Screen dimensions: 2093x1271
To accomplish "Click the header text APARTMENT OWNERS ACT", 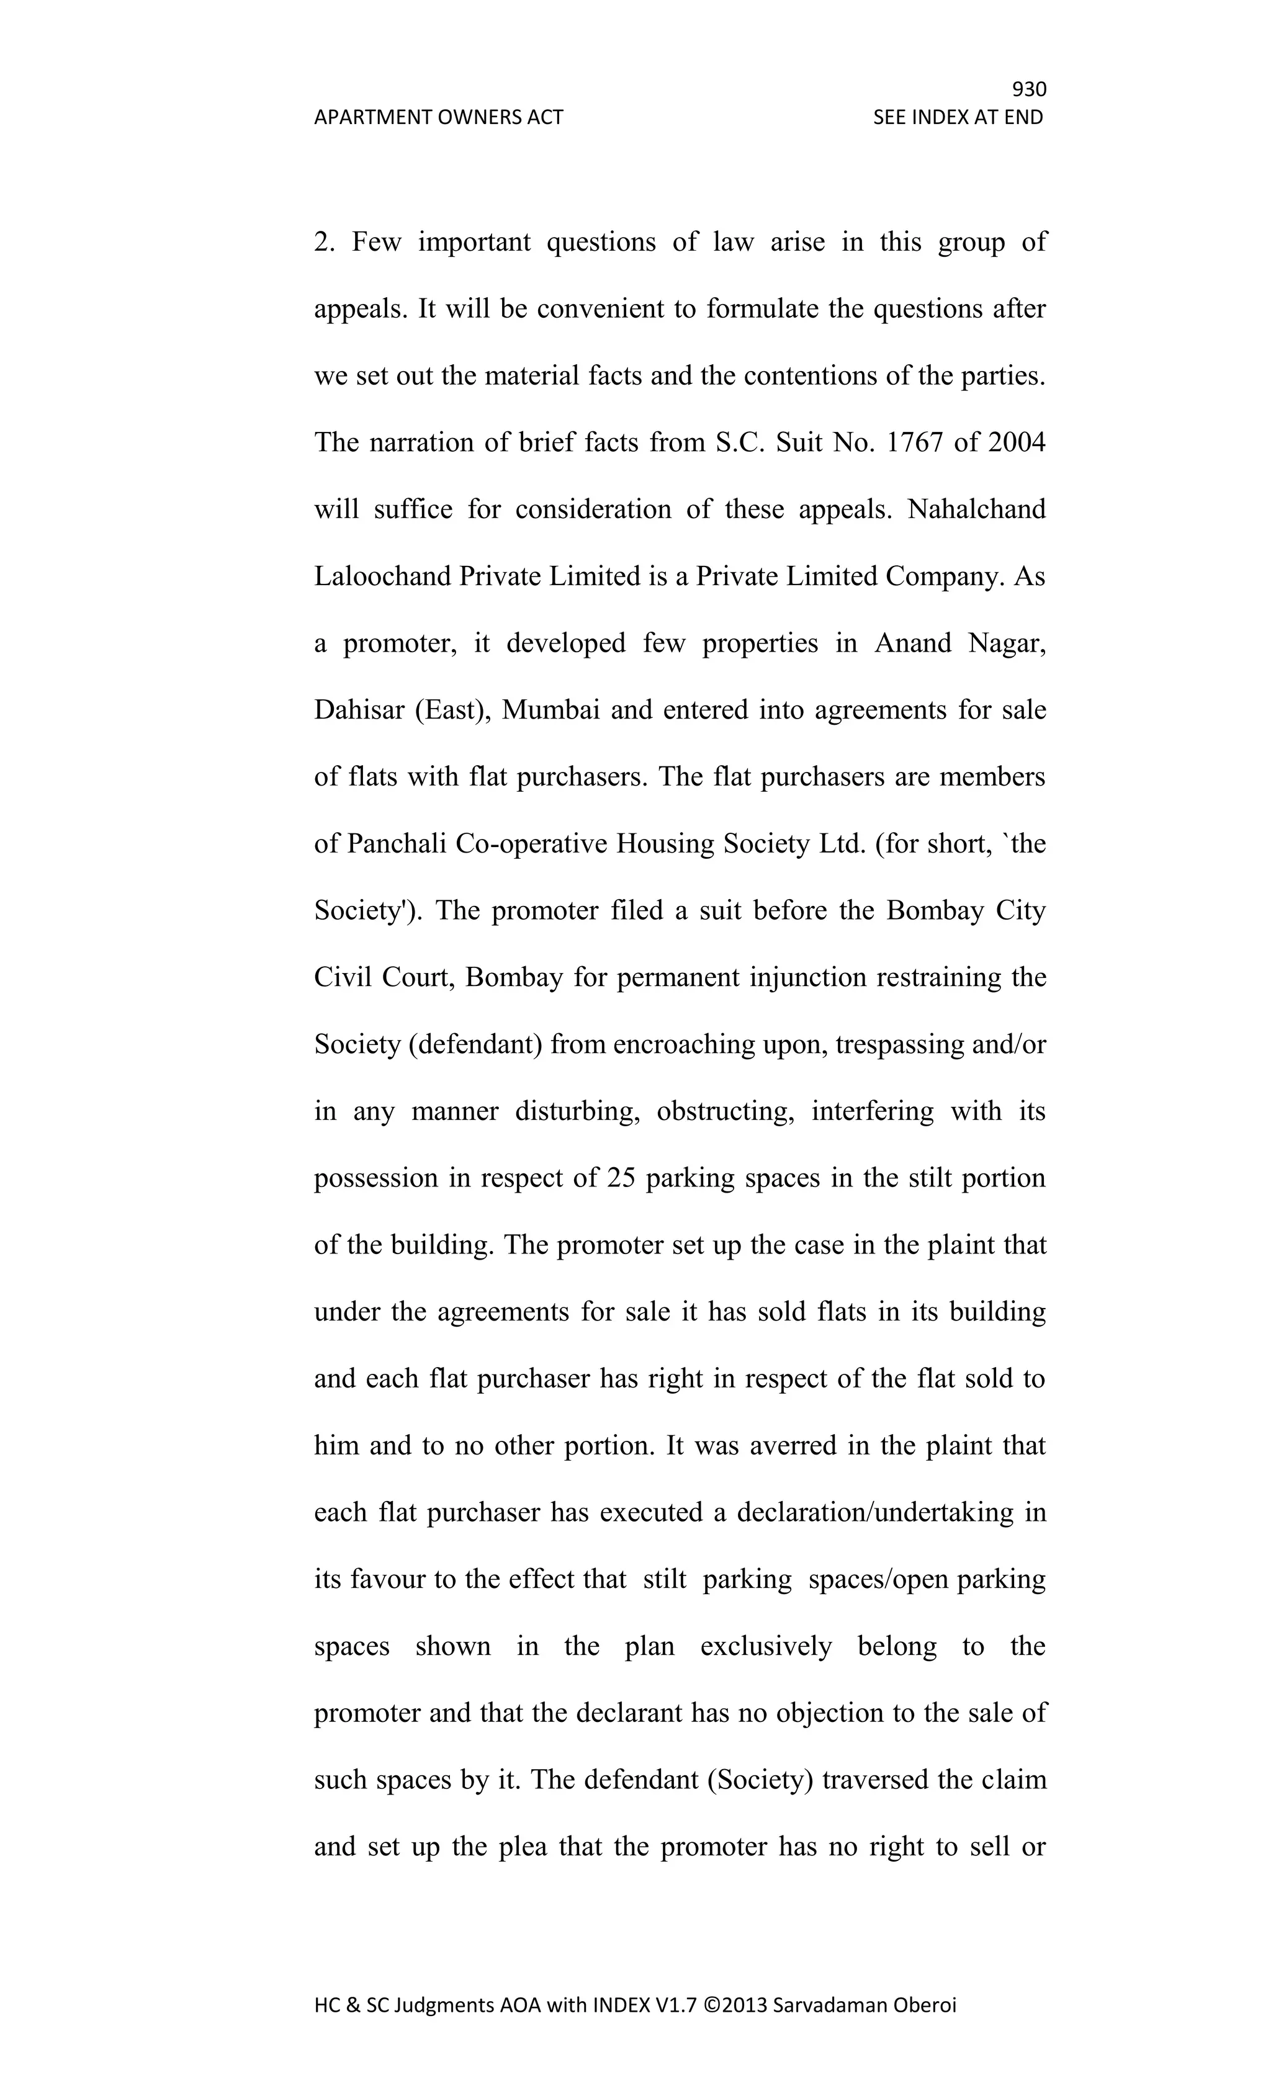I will [438, 117].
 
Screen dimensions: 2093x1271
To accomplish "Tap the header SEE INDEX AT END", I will [958, 117].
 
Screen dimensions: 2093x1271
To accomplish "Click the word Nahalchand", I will [976, 509].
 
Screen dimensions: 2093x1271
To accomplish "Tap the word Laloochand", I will [382, 576].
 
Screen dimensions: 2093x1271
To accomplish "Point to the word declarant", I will [629, 1713].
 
